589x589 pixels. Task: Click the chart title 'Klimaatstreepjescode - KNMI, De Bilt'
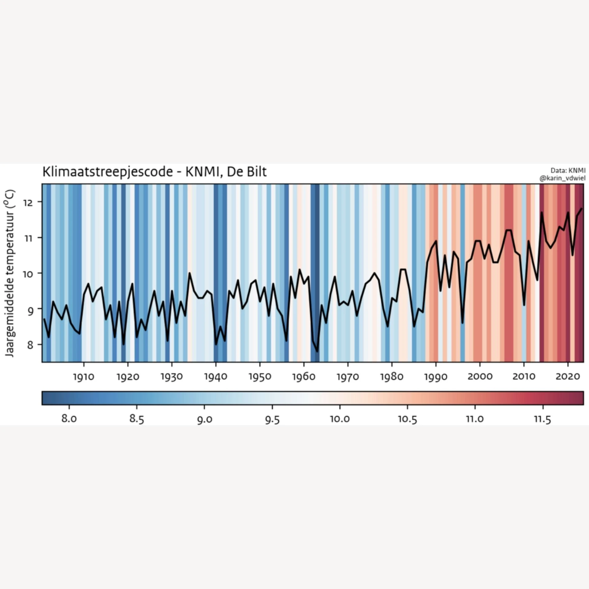click(154, 172)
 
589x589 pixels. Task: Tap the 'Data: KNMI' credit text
click(568, 171)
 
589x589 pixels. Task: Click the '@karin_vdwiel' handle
click(562, 178)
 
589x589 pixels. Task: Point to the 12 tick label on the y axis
click(30, 202)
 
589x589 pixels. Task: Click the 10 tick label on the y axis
click(28, 274)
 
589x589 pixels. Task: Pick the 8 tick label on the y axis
click(30, 345)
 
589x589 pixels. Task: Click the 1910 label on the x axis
click(83, 377)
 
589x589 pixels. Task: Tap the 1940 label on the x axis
click(216, 377)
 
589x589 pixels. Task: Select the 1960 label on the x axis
click(304, 377)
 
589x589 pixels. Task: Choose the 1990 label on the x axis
click(436, 377)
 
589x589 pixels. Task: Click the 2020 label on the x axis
click(568, 377)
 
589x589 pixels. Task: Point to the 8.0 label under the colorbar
click(69, 419)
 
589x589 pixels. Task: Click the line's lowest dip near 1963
click(317, 351)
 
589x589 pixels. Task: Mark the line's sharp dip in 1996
click(462, 323)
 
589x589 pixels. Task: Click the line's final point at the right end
click(581, 209)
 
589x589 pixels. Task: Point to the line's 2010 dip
click(524, 305)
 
